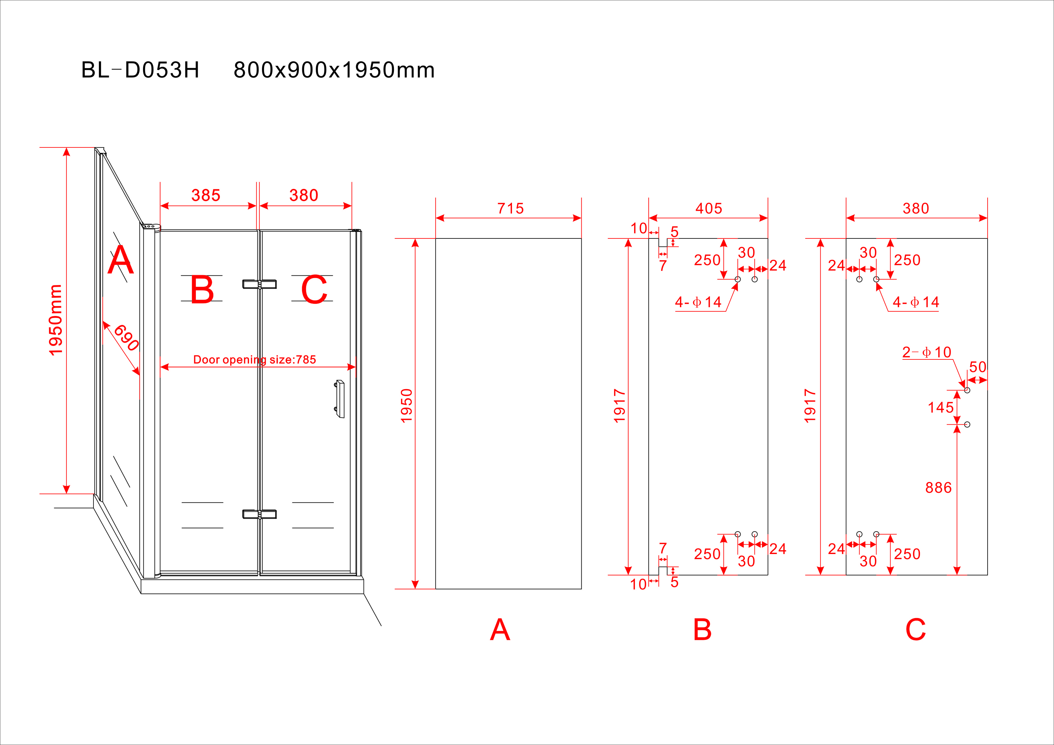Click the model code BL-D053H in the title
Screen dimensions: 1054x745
pyautogui.click(x=140, y=70)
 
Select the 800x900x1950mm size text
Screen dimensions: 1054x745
pyautogui.click(x=334, y=70)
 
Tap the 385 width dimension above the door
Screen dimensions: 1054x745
pyautogui.click(x=206, y=195)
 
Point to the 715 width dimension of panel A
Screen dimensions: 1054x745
pyautogui.click(x=510, y=209)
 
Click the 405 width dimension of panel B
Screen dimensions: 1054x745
pyautogui.click(x=709, y=209)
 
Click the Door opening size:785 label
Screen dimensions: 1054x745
pyautogui.click(x=255, y=360)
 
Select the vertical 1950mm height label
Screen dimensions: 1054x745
pyautogui.click(x=56, y=320)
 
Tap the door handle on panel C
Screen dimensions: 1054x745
pyautogui.click(x=340, y=399)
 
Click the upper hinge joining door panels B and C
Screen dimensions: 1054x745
pyautogui.click(x=259, y=284)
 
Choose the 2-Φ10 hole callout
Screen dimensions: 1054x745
pyautogui.click(x=926, y=352)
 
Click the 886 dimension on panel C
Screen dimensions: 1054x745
pyautogui.click(x=938, y=488)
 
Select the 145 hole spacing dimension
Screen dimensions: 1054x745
pyautogui.click(x=941, y=407)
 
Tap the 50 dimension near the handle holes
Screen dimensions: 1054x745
pyautogui.click(x=978, y=367)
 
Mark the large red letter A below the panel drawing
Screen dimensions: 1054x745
pyautogui.click(x=500, y=630)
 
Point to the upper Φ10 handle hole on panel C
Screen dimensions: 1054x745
pyautogui.click(x=967, y=390)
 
